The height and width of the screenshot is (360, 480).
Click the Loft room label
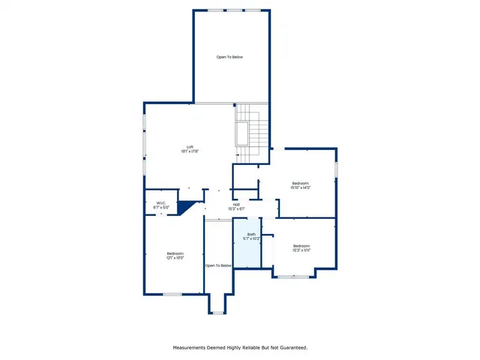pyautogui.click(x=190, y=147)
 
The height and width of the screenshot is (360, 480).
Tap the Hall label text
pyautogui.click(x=236, y=204)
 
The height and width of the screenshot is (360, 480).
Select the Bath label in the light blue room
pyautogui.click(x=251, y=234)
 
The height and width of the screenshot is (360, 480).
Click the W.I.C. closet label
pyautogui.click(x=161, y=202)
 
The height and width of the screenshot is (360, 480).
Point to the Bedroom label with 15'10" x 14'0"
pyautogui.click(x=301, y=183)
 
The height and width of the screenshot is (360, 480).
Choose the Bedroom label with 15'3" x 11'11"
pyautogui.click(x=301, y=246)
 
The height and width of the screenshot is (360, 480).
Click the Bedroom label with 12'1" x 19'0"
pyautogui.click(x=175, y=253)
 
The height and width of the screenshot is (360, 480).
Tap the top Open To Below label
pyautogui.click(x=230, y=57)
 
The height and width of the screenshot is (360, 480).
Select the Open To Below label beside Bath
pyautogui.click(x=218, y=265)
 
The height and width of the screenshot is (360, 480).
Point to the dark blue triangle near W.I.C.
pyautogui.click(x=187, y=206)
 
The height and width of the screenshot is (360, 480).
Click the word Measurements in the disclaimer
pyautogui.click(x=192, y=347)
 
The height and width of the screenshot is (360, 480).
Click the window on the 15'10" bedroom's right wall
pyautogui.click(x=337, y=169)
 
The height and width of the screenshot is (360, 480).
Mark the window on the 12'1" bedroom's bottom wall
pyautogui.click(x=172, y=294)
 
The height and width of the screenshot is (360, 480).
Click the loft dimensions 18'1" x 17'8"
pyautogui.click(x=190, y=151)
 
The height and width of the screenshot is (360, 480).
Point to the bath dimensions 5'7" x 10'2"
pyautogui.click(x=251, y=238)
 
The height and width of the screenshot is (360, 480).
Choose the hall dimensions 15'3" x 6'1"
pyautogui.click(x=236, y=208)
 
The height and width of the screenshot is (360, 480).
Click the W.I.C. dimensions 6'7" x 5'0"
pyautogui.click(x=161, y=207)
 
